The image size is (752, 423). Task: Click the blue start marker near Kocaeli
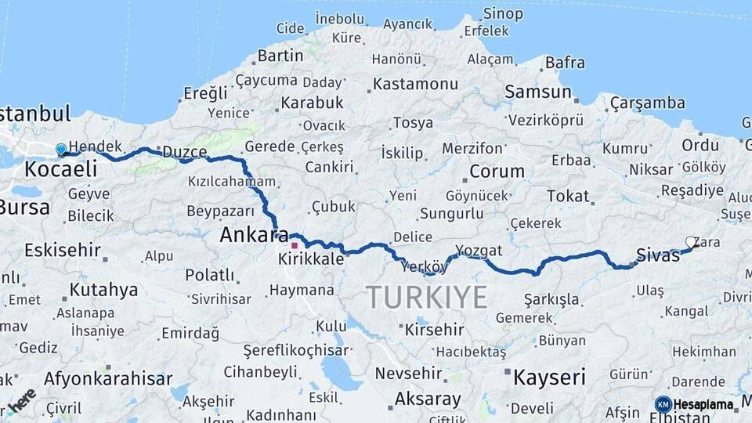click(x=61, y=149)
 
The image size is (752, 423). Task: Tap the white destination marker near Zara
click(x=691, y=242)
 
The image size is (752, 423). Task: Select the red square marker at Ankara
click(x=295, y=245)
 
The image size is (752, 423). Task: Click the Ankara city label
click(x=249, y=234)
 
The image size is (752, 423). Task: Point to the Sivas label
click(x=657, y=254)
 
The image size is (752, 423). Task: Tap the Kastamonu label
click(x=415, y=84)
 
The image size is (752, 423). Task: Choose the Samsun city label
click(x=538, y=92)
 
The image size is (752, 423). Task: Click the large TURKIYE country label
click(x=427, y=298)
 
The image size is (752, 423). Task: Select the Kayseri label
click(x=549, y=378)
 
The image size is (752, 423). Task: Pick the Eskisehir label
click(x=63, y=251)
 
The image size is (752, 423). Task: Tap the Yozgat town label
click(x=479, y=251)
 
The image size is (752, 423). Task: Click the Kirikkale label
click(x=311, y=258)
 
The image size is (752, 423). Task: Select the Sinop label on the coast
click(x=503, y=13)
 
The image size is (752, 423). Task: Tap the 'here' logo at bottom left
click(x=20, y=401)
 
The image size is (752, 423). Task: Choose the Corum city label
click(x=497, y=171)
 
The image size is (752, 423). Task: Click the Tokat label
click(x=568, y=196)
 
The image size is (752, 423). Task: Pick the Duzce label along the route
click(x=184, y=151)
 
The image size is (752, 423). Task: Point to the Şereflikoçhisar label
click(x=295, y=350)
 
